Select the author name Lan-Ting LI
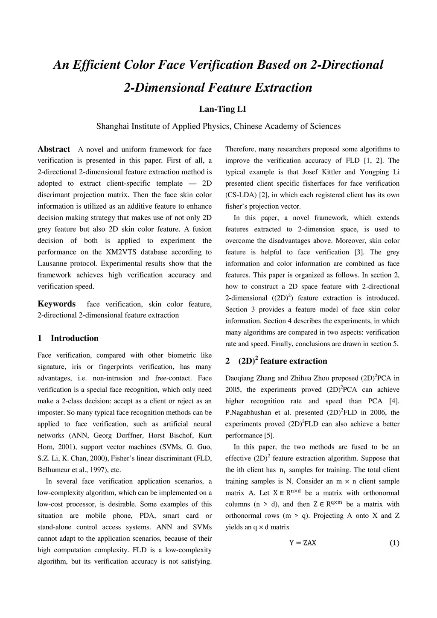click(x=222, y=109)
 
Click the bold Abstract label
click(x=54, y=149)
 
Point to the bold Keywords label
click(x=56, y=304)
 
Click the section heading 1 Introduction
click(x=68, y=338)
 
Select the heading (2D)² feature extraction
click(x=276, y=361)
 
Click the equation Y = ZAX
click(x=303, y=543)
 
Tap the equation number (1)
click(x=394, y=543)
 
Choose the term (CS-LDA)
click(x=240, y=195)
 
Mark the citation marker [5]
click(x=268, y=435)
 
